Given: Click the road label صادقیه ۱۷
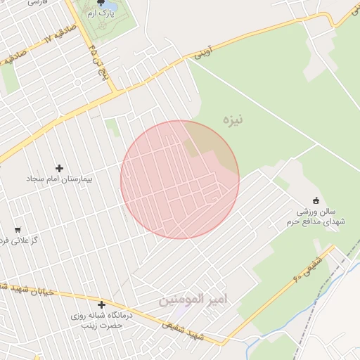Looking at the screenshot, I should point(28,49).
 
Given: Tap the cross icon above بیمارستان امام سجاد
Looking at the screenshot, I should point(59,168).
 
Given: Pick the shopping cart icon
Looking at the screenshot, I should point(17,229).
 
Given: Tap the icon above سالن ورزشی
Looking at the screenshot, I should point(315,200).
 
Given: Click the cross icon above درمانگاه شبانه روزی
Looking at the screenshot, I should point(102,304).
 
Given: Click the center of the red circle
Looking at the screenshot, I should point(180,180).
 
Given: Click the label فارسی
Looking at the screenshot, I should point(33,2).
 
